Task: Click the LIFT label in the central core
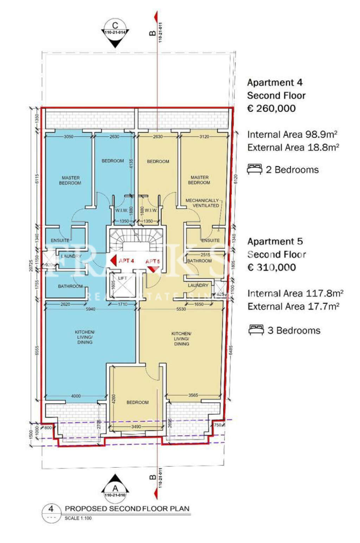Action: click(122, 278)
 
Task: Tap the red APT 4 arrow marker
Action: click(114, 261)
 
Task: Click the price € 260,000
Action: click(271, 108)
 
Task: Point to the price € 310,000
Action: click(271, 267)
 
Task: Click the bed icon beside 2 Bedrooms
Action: click(255, 169)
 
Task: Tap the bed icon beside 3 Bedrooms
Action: click(256, 330)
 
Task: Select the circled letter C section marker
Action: click(115, 26)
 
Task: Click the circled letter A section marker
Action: click(115, 488)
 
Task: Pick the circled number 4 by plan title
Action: click(51, 509)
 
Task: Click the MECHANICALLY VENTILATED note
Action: click(202, 203)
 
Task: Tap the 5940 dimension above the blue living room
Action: click(90, 309)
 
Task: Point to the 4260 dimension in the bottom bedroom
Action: click(114, 398)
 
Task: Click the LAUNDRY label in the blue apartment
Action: click(71, 256)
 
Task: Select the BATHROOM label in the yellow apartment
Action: click(199, 261)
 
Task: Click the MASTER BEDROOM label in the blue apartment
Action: click(70, 180)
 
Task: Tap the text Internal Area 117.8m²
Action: click(295, 293)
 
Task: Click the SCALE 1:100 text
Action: click(78, 518)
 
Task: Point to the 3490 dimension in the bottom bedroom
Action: click(136, 427)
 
